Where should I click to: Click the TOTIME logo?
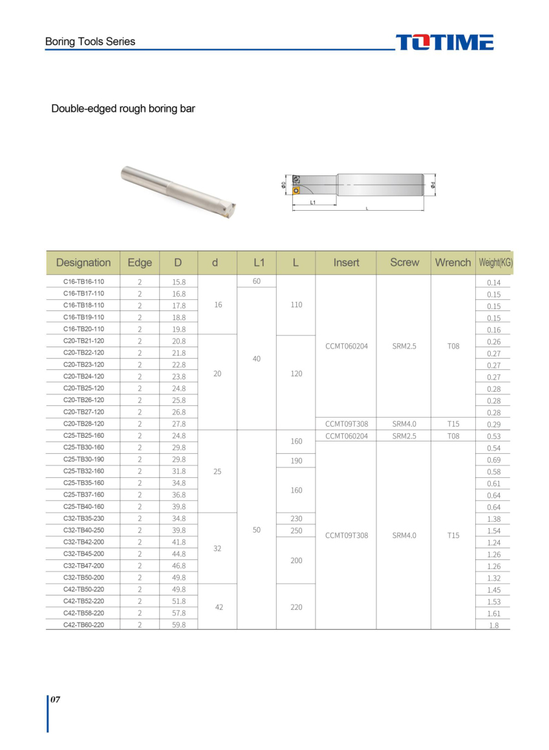pos(444,43)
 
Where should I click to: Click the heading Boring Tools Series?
pos(90,41)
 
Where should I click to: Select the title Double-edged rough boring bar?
pos(123,109)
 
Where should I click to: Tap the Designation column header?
pos(83,262)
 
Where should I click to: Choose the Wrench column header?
pos(453,262)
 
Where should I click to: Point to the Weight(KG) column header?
pos(495,262)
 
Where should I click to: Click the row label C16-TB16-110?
pos(83,282)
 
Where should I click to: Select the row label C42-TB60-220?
pos(83,625)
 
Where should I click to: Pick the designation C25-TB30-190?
pos(83,459)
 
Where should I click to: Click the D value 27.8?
pos(179,424)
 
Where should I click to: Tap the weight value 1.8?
pos(493,625)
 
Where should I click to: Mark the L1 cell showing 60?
pos(256,281)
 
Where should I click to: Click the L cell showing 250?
pos(296,531)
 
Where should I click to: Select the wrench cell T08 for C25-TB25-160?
pos(453,436)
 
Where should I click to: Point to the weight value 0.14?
pos(493,283)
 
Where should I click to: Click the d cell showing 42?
pos(219,607)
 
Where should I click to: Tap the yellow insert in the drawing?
pos(296,191)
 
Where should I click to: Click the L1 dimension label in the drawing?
pos(313,202)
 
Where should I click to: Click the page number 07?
pos(56,700)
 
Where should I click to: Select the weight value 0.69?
pos(493,460)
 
